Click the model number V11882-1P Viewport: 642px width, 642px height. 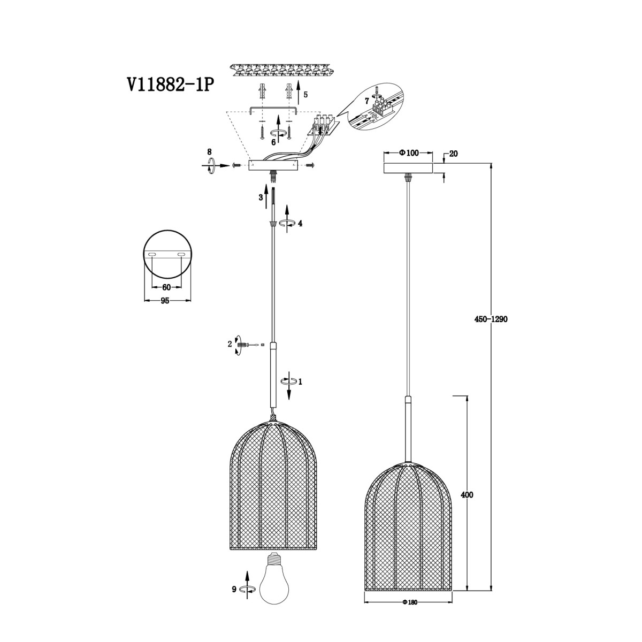[x=170, y=85]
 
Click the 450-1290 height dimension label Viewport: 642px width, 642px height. [x=491, y=319]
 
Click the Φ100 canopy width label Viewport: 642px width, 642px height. [x=408, y=153]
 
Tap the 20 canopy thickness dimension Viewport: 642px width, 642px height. [x=453, y=154]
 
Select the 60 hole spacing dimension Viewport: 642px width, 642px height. [x=166, y=287]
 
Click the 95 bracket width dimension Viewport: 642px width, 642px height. [x=165, y=301]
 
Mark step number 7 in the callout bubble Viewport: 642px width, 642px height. [x=367, y=101]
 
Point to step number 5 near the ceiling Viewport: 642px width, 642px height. [x=305, y=95]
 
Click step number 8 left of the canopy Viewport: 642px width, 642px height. [x=209, y=152]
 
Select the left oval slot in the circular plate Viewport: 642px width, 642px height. [x=151, y=255]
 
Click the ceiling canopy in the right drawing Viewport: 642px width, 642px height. [x=408, y=168]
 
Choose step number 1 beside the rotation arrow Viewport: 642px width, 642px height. [x=300, y=382]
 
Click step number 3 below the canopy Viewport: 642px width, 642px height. [x=261, y=197]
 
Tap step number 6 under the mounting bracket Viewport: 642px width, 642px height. [x=273, y=142]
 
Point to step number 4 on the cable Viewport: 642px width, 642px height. [x=300, y=223]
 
